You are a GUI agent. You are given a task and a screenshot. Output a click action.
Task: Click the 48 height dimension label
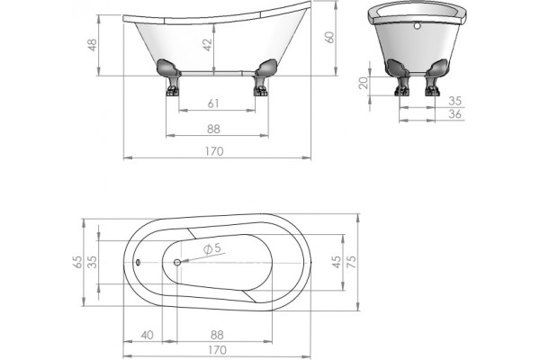point(93,45)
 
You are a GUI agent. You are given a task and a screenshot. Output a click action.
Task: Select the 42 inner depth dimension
point(207,45)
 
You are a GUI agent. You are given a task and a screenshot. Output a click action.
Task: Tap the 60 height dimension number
point(329,37)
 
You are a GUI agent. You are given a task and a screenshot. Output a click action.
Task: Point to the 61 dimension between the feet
point(213,103)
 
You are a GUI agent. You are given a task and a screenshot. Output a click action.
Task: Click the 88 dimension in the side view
point(213,130)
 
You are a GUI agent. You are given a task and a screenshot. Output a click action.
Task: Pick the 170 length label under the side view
point(214,151)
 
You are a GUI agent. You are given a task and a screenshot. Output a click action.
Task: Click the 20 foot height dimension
point(364,83)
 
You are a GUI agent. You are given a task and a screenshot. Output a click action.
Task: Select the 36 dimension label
point(454,114)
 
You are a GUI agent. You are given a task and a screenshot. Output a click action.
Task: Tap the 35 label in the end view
point(454,101)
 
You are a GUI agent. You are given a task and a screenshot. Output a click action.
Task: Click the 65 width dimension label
point(77,262)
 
